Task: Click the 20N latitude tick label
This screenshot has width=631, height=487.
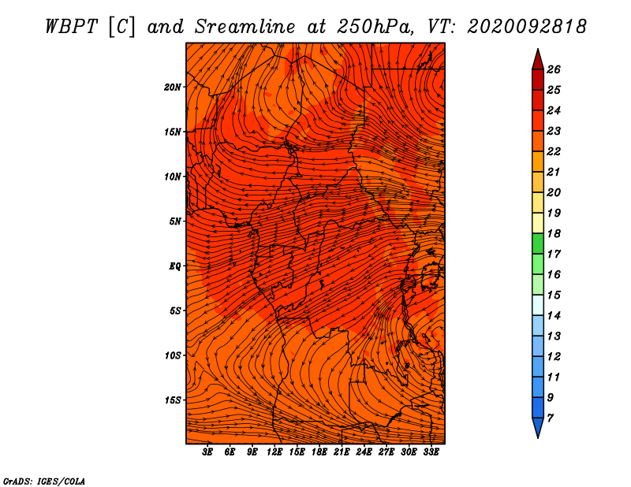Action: click(172, 87)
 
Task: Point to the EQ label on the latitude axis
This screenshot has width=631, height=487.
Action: click(174, 266)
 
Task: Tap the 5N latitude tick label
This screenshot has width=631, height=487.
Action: click(174, 221)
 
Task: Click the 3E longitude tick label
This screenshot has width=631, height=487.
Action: click(207, 452)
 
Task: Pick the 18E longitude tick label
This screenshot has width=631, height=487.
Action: click(319, 452)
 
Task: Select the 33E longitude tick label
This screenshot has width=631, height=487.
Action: click(431, 452)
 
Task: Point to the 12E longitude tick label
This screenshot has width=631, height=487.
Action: click(274, 452)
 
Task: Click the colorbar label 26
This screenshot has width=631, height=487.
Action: click(554, 69)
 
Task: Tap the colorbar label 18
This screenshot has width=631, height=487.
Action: click(554, 233)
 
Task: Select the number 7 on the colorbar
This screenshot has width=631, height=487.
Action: click(550, 418)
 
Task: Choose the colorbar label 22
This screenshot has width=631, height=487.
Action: click(554, 151)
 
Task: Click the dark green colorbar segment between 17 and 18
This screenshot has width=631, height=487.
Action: click(538, 243)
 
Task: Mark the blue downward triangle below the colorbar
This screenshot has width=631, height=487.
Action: click(538, 426)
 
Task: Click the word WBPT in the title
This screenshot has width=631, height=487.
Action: click(72, 27)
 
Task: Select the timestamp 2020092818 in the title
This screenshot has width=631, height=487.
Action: click(527, 27)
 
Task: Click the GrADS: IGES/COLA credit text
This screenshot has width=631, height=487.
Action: click(44, 481)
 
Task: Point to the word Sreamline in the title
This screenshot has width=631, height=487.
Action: click(245, 27)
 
